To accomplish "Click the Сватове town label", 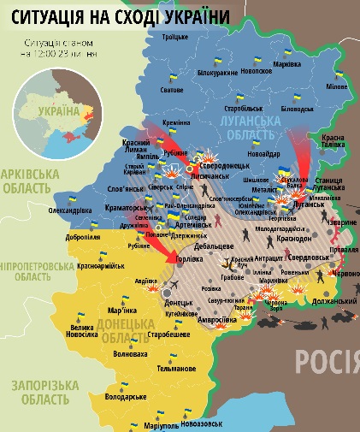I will (172, 90).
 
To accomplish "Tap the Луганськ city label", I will (310, 204).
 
